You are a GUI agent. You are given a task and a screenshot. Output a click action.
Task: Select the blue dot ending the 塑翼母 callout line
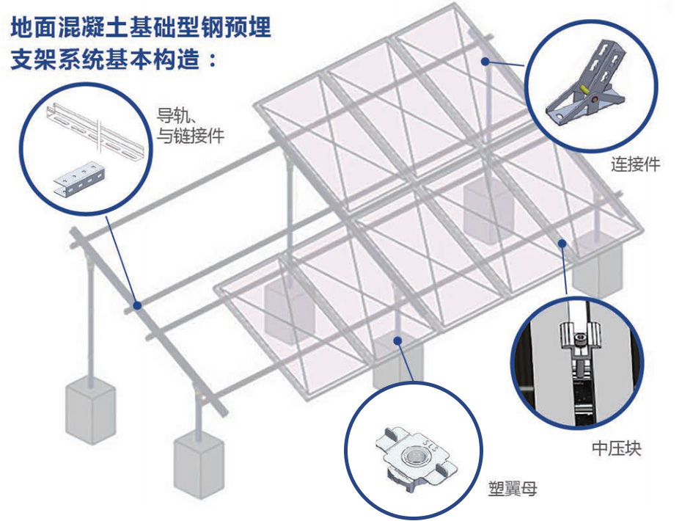pyautogui.click(x=397, y=339)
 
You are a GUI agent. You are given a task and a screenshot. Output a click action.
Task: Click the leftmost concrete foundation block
pyautogui.click(x=90, y=409)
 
